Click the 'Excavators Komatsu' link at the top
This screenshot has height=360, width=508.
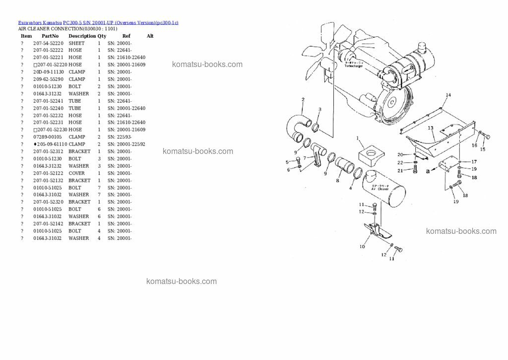pos(40,23)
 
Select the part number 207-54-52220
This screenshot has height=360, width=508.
pos(48,43)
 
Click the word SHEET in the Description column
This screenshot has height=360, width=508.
pos(76,43)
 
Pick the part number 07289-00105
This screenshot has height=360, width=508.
pos(48,137)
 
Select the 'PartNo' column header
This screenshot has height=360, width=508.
pos(50,36)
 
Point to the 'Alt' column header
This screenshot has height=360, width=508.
pos(150,36)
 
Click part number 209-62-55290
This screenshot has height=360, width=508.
pos(48,79)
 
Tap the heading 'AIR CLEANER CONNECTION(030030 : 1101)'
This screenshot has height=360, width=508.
pos(67,29)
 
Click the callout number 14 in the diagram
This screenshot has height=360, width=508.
pos(448,95)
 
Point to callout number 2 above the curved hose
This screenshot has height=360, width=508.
pos(303,100)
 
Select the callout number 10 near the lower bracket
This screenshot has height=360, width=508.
pos(362,246)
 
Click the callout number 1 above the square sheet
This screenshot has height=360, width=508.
pos(357,138)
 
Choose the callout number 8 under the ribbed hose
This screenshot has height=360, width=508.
pos(337,181)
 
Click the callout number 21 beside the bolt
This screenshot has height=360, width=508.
pos(399,170)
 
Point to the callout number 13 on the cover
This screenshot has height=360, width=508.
pos(431,128)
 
